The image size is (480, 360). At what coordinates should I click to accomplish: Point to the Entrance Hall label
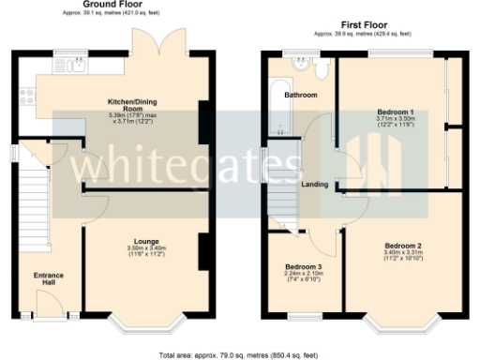(49, 278)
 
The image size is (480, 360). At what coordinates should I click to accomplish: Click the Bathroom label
(302, 95)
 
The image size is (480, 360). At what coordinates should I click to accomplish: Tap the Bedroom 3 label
(304, 266)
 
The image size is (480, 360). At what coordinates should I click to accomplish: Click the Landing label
(315, 184)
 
